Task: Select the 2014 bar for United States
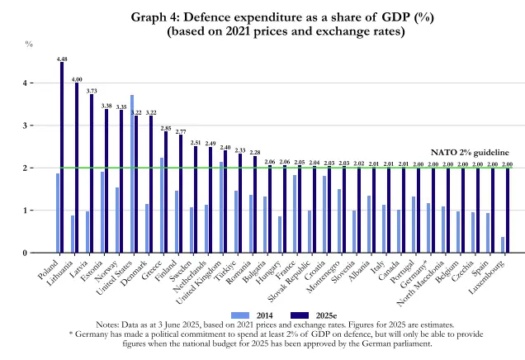coord(132,173)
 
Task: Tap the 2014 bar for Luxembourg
coord(504,244)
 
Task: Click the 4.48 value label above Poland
coord(62,59)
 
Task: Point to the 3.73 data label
coord(92,91)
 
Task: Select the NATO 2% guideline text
coord(471,153)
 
